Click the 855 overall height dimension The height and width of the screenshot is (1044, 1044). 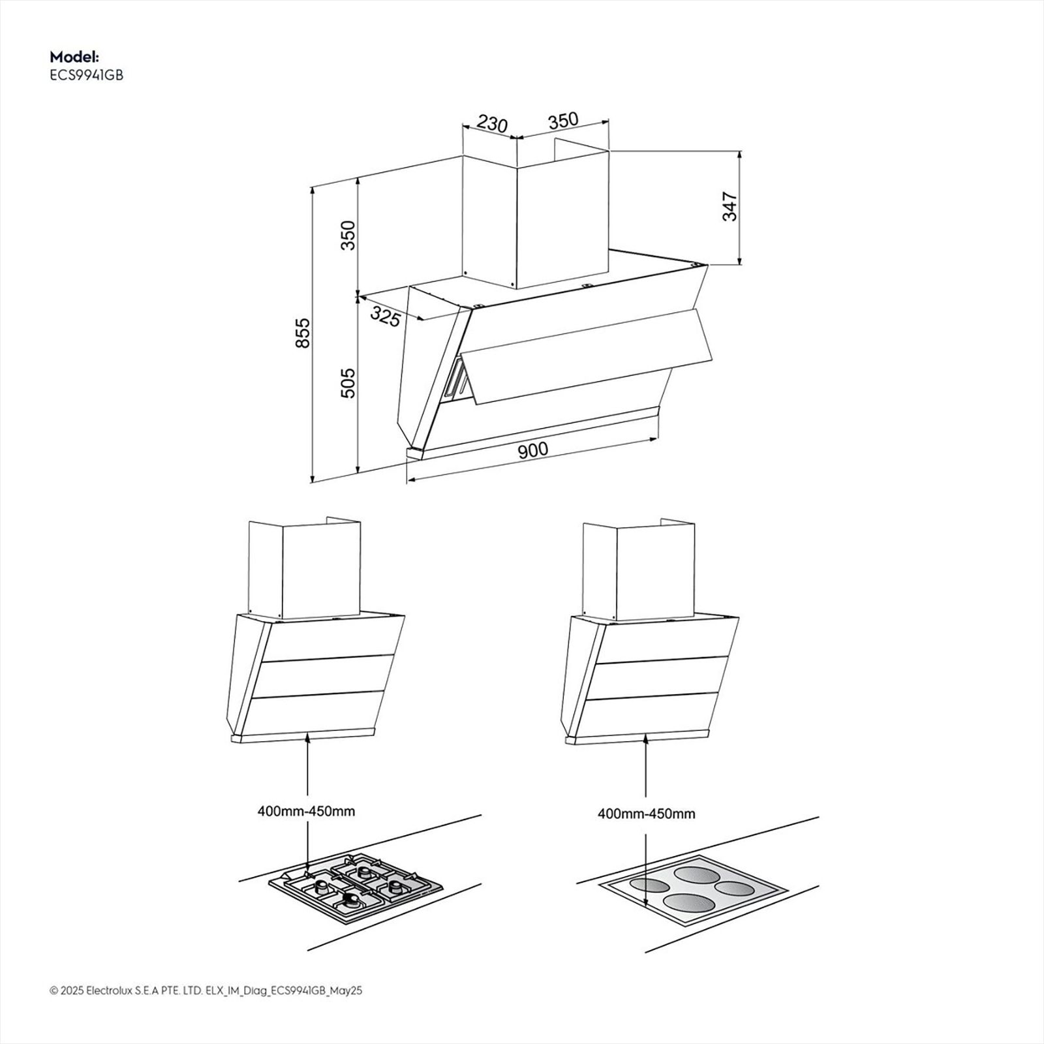pyautogui.click(x=302, y=333)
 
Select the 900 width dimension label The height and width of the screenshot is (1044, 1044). pyautogui.click(x=533, y=450)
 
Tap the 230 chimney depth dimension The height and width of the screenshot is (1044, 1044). pyautogui.click(x=492, y=123)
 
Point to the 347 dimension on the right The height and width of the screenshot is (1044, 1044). pyautogui.click(x=729, y=207)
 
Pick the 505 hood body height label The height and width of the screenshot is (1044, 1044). pyautogui.click(x=348, y=383)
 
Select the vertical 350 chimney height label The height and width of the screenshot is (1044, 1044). pyautogui.click(x=348, y=236)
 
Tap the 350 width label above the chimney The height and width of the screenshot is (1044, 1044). pyautogui.click(x=562, y=120)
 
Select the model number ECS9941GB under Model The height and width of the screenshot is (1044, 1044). pyautogui.click(x=86, y=75)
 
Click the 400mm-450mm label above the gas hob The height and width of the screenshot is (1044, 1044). pyautogui.click(x=306, y=811)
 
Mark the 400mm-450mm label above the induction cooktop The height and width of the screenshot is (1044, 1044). pyautogui.click(x=646, y=814)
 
